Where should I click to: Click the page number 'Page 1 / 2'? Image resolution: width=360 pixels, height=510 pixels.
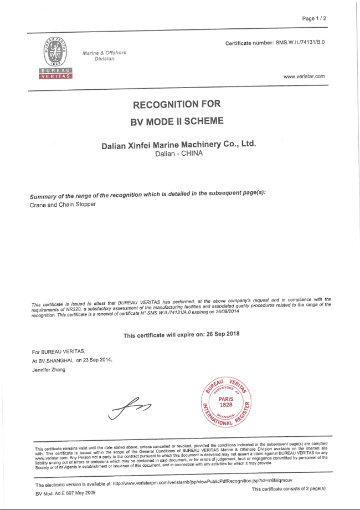[314, 18]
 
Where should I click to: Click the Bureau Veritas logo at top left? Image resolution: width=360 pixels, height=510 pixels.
[54, 58]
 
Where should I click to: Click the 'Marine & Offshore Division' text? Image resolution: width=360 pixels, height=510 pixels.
[104, 55]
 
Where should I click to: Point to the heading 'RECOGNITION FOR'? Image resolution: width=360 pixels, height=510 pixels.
[177, 104]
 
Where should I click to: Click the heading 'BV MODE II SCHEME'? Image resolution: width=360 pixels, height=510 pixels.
[177, 120]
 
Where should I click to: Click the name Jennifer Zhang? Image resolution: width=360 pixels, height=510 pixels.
[49, 370]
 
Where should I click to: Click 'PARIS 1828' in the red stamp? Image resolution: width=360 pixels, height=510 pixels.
[225, 401]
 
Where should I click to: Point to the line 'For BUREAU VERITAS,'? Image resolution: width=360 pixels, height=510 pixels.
[59, 351]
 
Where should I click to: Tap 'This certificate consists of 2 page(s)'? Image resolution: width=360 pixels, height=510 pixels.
[288, 489]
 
